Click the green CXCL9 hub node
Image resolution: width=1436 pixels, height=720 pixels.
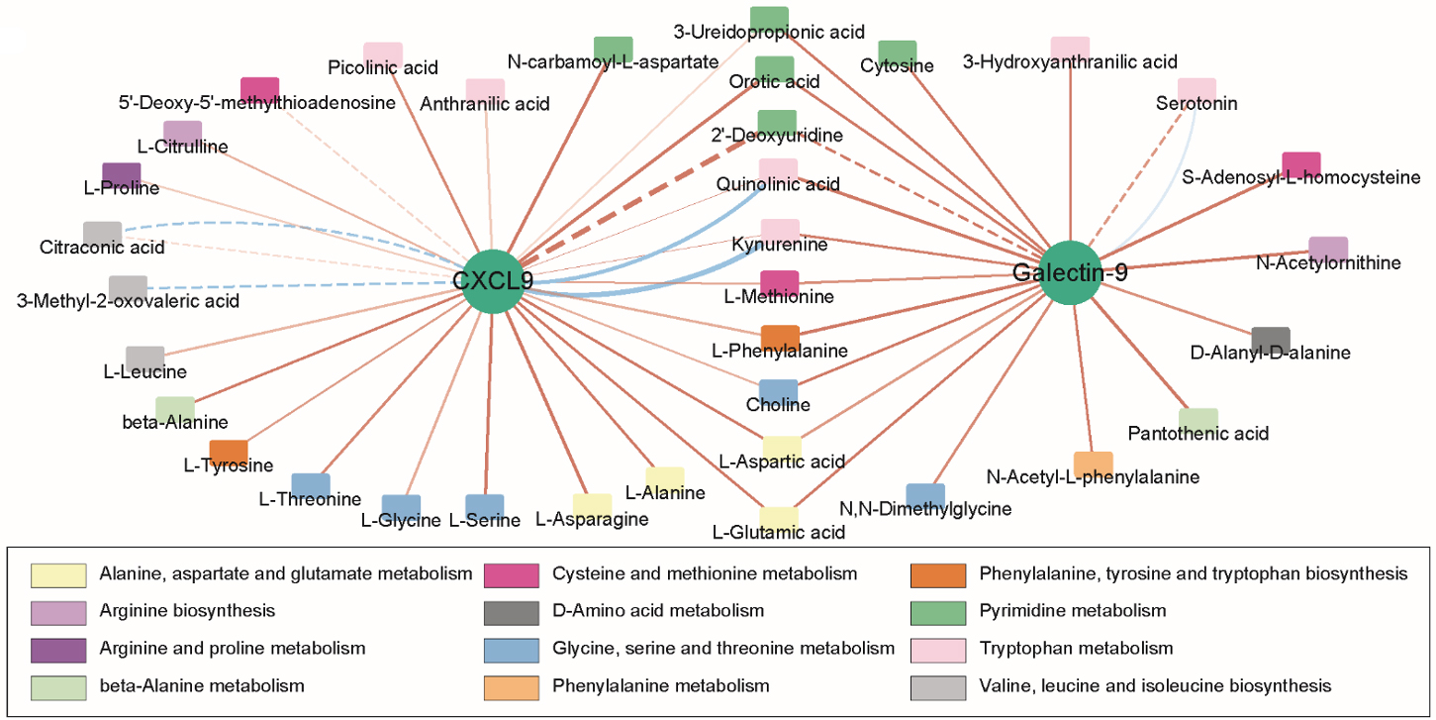tap(492, 281)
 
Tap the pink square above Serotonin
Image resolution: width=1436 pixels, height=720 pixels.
tap(1196, 90)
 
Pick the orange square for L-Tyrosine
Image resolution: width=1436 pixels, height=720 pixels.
tap(229, 453)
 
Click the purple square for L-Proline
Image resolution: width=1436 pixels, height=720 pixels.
tap(122, 174)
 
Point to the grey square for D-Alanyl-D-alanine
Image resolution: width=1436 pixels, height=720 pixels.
tap(1270, 340)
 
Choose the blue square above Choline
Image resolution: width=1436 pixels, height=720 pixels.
tap(778, 392)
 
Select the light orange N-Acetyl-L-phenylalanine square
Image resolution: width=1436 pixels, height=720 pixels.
tap(1093, 463)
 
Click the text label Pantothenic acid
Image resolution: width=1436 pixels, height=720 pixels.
tap(1197, 434)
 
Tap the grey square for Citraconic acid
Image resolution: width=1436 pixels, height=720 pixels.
tap(102, 233)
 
